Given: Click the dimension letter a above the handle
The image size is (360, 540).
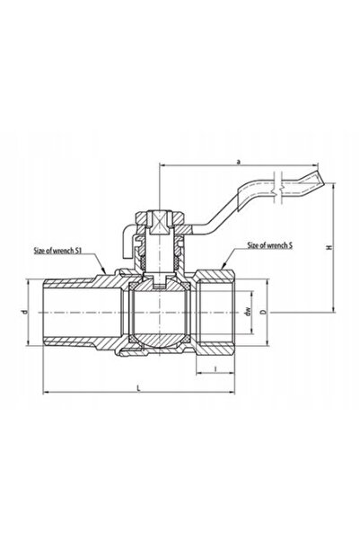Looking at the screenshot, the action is [x=238, y=161].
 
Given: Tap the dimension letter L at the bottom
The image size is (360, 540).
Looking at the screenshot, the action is [x=138, y=388].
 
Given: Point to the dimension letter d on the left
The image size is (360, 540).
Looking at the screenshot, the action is [x=24, y=313].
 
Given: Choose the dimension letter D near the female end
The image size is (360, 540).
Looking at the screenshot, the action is [x=263, y=313].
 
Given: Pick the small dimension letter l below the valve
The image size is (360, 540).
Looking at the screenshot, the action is [x=215, y=369].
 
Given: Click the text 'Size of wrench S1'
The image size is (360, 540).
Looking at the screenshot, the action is [x=57, y=251].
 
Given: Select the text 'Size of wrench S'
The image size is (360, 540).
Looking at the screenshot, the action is [x=270, y=245].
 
